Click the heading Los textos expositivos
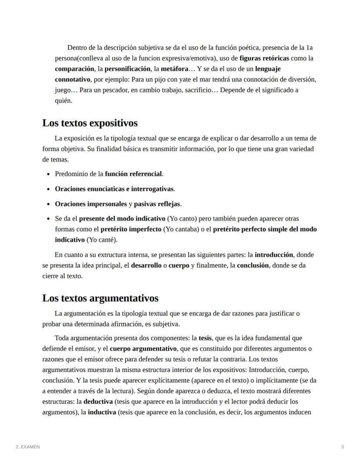[x=90, y=123]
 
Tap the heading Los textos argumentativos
[x=100, y=298]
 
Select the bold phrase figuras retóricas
[x=264, y=58]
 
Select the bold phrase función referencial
[x=133, y=174]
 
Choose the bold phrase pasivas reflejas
[x=157, y=204]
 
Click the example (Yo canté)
[x=102, y=240]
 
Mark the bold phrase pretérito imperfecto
[x=131, y=229]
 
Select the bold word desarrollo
[x=146, y=265]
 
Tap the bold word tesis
[x=205, y=338]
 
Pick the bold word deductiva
[x=98, y=401]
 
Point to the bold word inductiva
[x=101, y=412]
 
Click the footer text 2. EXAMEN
[x=27, y=447]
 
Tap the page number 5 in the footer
[x=343, y=447]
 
